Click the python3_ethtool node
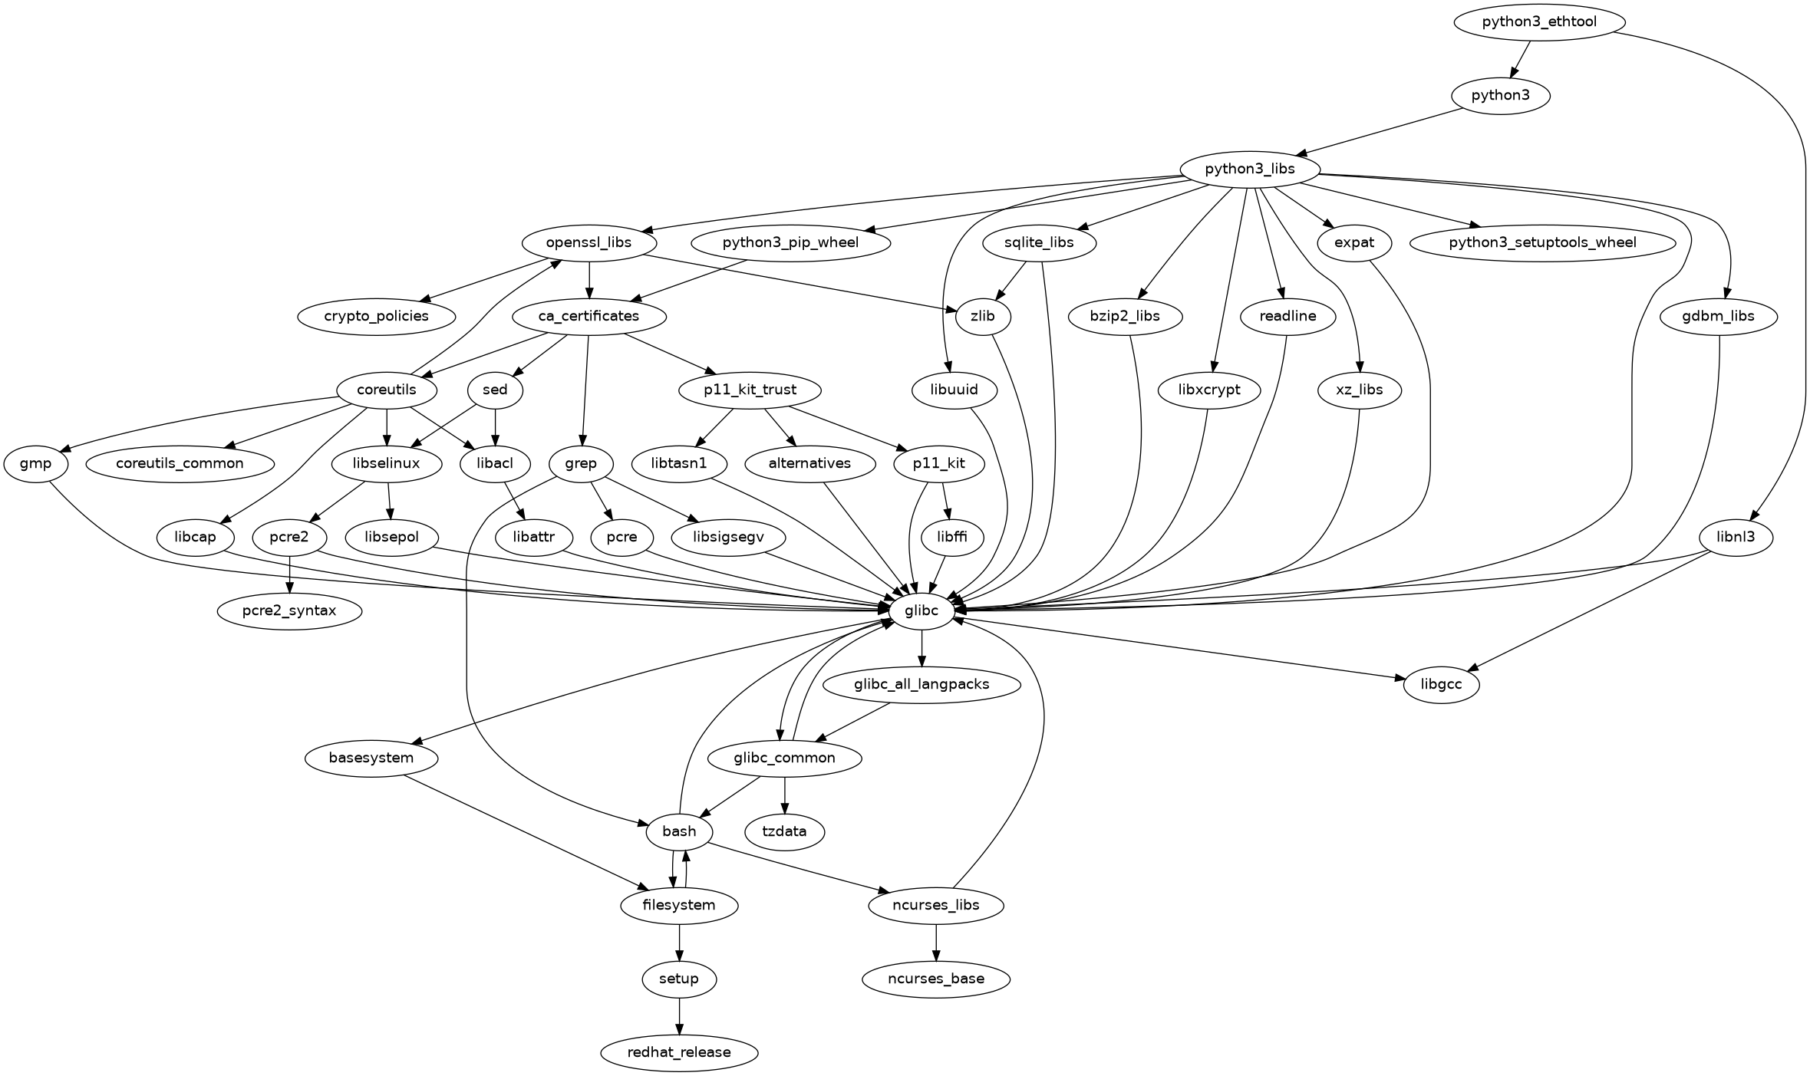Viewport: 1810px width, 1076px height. tap(1538, 21)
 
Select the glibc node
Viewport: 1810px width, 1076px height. tap(921, 611)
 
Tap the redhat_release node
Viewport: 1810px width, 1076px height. tap(679, 1052)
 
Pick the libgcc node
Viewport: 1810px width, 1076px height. tap(1442, 684)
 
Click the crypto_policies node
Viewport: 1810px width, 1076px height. tap(376, 316)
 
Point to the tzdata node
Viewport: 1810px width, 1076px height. tap(784, 831)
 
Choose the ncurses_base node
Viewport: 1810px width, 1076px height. tap(935, 979)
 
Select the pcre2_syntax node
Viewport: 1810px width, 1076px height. tap(289, 611)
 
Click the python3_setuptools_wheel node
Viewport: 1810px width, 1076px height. tap(1542, 242)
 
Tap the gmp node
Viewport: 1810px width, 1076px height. tap(35, 463)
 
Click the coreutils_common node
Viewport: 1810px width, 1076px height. tap(180, 463)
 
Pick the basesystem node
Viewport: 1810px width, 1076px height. tap(371, 758)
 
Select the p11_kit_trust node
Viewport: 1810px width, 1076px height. tap(750, 390)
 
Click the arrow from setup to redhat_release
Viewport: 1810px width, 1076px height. tap(679, 1015)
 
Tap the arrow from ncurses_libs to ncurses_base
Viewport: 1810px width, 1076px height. tap(935, 942)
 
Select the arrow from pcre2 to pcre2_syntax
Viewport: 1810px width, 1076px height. tap(289, 574)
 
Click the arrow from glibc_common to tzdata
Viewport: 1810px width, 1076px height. tap(784, 795)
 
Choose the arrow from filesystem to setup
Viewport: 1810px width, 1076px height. tap(679, 942)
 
